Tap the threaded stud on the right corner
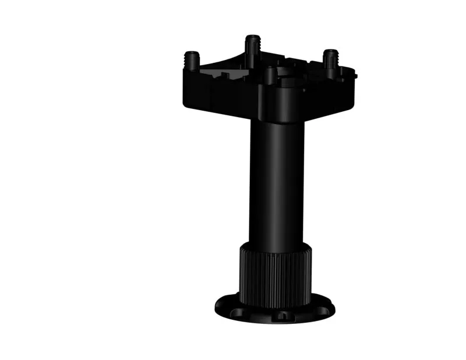point(331,59)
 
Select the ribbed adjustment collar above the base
point(276,277)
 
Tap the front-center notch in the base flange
point(282,315)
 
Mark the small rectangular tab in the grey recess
point(224,75)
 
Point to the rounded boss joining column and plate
point(280,102)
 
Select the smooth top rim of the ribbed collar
point(275,247)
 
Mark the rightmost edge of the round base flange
point(334,306)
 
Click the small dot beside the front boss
point(304,90)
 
